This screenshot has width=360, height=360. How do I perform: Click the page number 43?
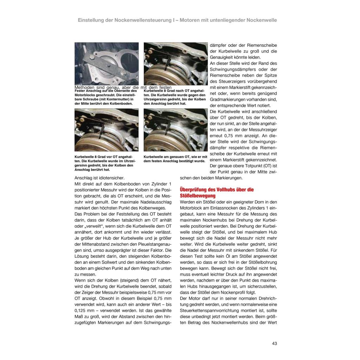274,343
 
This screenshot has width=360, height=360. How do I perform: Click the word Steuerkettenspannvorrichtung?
210,310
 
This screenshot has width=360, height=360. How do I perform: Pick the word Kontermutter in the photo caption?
112,99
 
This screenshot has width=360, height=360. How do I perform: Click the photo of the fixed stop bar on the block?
107,64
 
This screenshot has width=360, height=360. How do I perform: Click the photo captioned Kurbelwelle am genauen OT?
175,130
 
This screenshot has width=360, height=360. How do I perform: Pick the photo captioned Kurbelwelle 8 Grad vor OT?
107,130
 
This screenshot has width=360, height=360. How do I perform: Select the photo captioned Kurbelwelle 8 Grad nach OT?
175,64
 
